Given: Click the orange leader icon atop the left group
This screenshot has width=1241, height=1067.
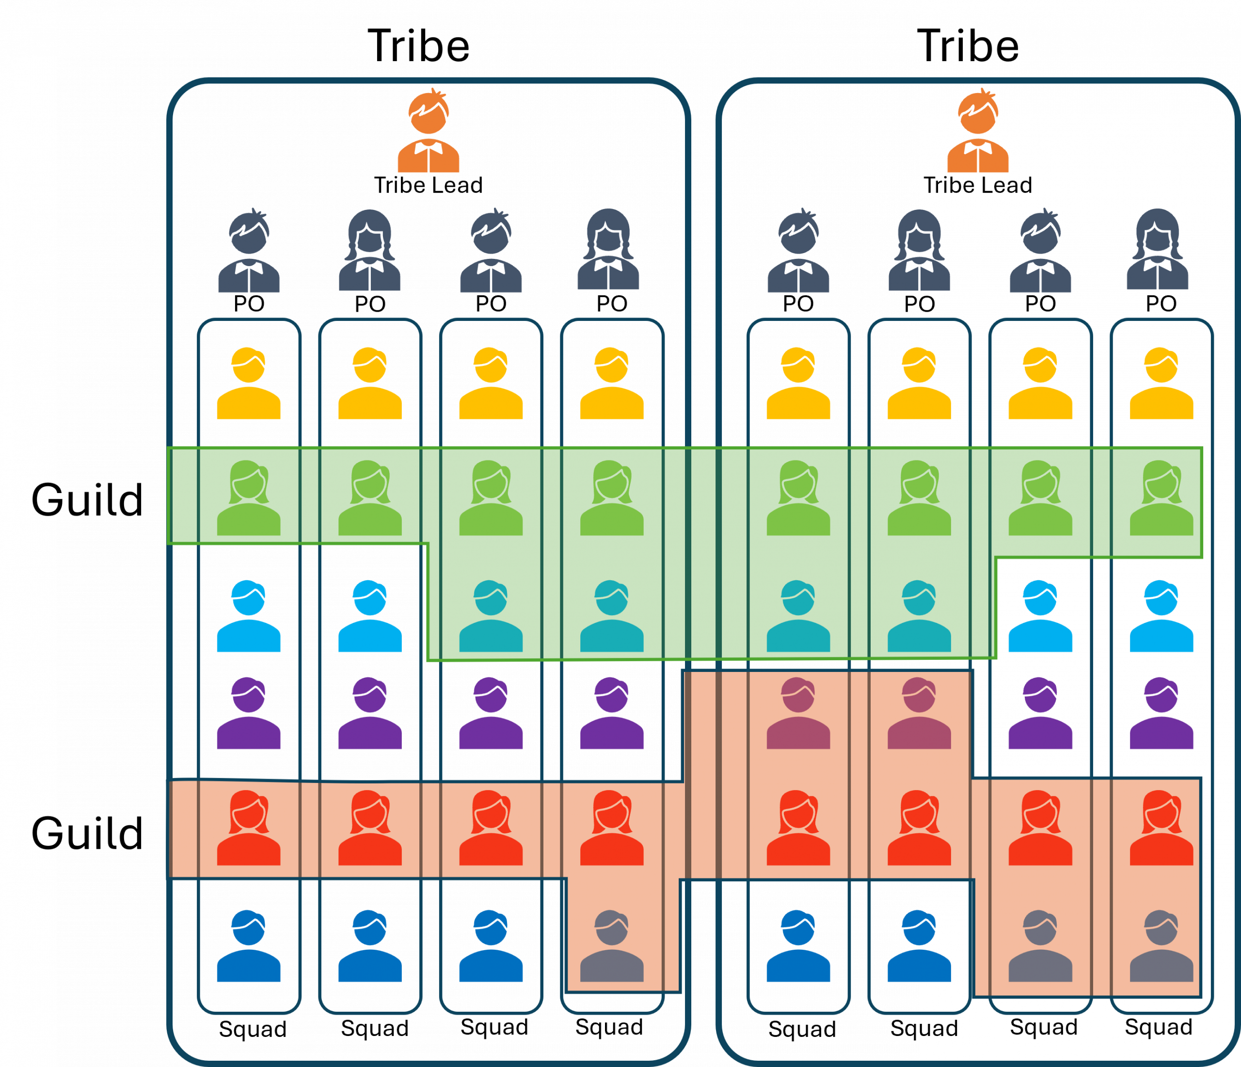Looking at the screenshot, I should [428, 132].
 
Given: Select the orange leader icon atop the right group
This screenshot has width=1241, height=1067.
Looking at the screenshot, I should [977, 132].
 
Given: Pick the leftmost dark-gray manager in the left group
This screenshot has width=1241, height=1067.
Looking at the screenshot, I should [249, 252].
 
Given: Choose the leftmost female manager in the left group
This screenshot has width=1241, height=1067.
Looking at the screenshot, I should [369, 252].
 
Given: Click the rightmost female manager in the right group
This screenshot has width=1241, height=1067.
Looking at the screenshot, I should [1157, 252].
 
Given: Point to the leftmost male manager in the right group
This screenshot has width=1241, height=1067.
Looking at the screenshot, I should [798, 252].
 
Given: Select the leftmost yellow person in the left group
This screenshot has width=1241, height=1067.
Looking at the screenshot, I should [249, 384].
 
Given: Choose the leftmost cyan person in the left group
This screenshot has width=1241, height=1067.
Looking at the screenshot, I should [249, 617].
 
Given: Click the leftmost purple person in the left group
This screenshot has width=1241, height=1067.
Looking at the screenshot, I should [249, 714].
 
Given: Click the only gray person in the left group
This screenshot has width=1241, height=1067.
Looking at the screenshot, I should [611, 947].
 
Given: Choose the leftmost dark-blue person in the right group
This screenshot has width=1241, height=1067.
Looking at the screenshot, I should [798, 947].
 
